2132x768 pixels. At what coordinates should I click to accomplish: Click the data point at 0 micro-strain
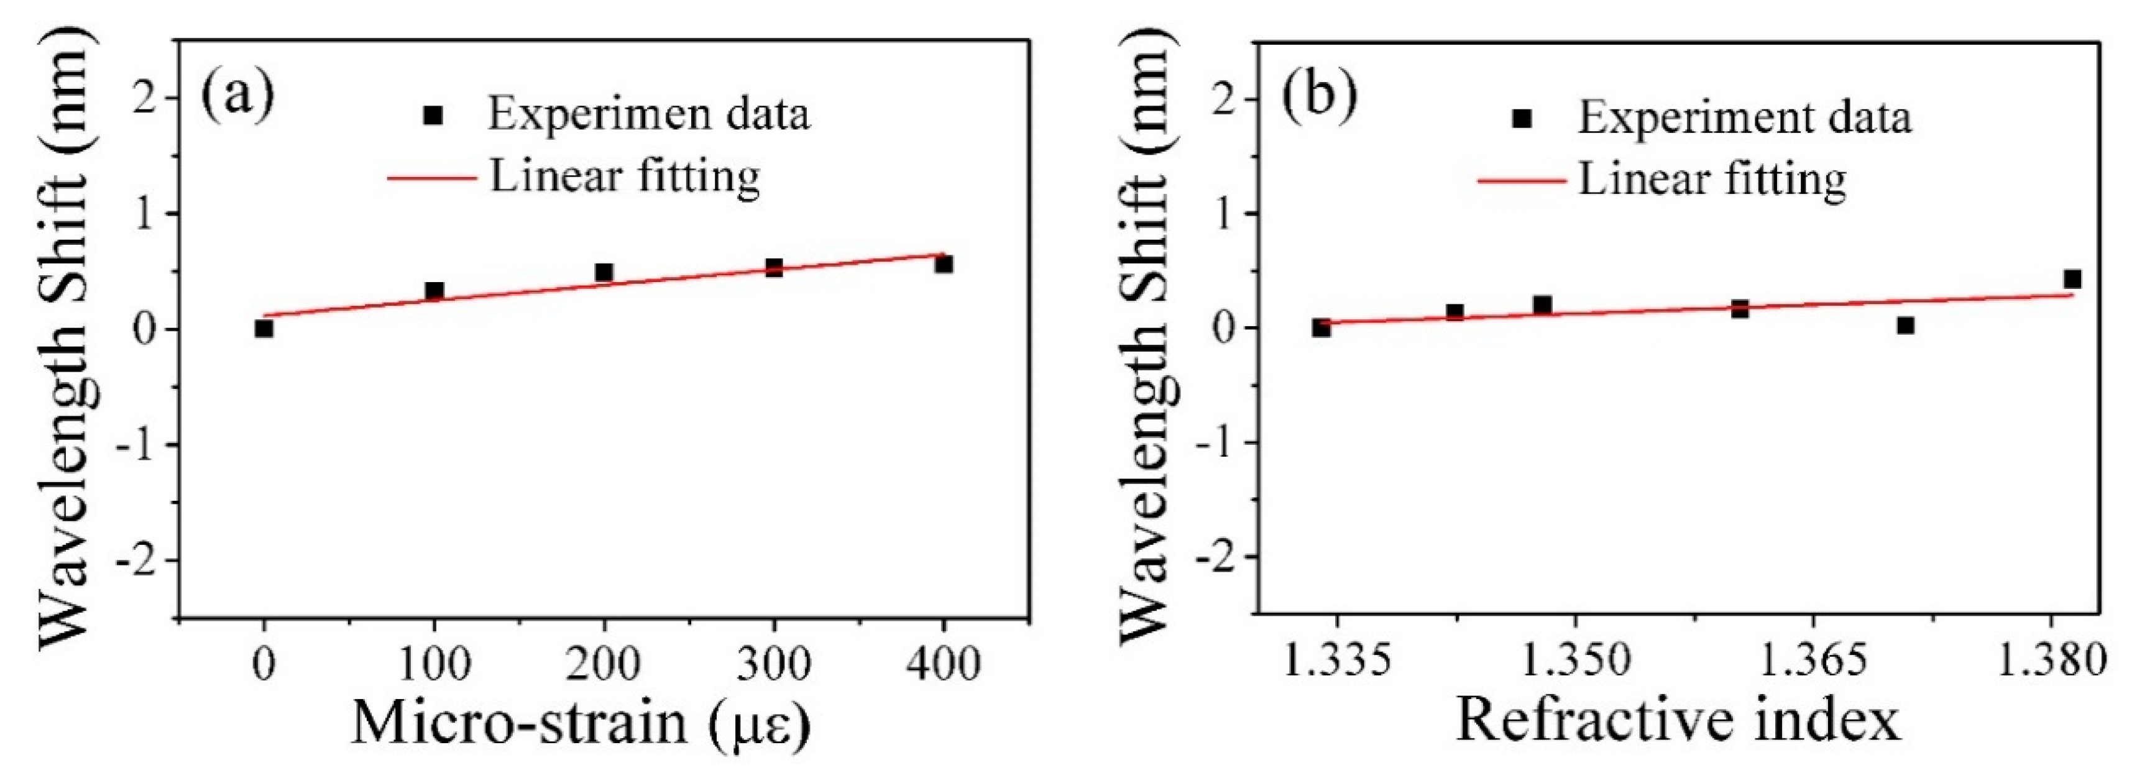tap(264, 329)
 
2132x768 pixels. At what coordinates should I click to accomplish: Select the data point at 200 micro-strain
tap(604, 272)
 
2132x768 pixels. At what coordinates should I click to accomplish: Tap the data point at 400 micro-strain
tap(944, 264)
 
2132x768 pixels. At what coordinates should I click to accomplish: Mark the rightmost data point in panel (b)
tap(2072, 279)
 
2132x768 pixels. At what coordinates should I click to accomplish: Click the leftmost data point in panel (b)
tap(1321, 327)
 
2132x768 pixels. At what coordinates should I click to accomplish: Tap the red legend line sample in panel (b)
tap(1521, 180)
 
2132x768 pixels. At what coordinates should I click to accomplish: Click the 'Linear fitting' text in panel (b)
tap(1712, 179)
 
